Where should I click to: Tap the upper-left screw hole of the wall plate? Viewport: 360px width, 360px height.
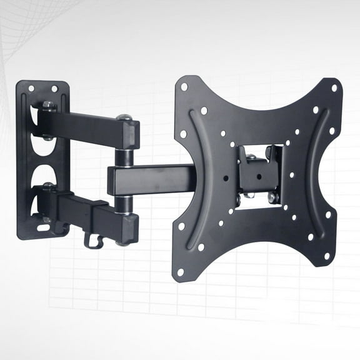coord(31,88)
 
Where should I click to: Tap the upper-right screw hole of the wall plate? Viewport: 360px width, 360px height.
coord(54,89)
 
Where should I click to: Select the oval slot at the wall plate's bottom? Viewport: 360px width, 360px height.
coord(44,227)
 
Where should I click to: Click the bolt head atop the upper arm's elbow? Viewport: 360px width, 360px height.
coord(124,117)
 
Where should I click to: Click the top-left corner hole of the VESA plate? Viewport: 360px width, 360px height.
coord(184,86)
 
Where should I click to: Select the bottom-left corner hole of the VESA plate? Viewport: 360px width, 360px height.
coord(180,272)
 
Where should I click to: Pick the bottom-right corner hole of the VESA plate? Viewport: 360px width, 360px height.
coord(326,256)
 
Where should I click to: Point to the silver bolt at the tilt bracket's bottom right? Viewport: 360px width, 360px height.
coord(272,197)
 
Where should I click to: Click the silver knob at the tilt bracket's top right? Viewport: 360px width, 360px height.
coord(270,152)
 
